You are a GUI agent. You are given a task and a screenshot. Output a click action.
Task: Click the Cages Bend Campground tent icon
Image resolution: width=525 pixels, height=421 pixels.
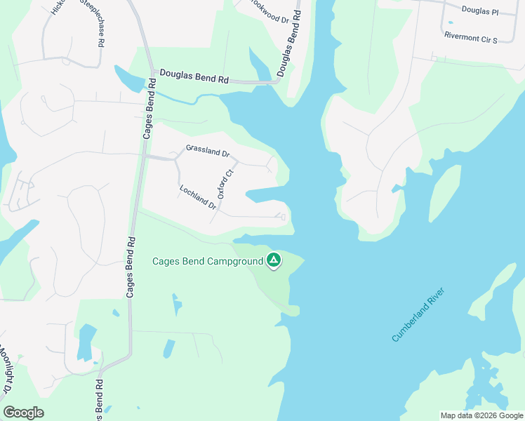click(274, 262)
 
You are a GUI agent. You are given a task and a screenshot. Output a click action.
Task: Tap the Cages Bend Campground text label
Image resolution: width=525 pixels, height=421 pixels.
click(208, 262)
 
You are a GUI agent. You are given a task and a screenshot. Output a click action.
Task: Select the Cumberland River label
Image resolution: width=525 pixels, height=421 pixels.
click(419, 315)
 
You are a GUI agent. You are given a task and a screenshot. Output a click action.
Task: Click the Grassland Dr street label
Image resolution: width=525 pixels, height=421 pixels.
click(207, 151)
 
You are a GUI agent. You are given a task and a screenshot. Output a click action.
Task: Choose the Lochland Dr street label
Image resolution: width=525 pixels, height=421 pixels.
click(198, 196)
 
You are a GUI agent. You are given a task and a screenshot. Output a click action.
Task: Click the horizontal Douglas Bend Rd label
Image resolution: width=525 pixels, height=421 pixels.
click(194, 76)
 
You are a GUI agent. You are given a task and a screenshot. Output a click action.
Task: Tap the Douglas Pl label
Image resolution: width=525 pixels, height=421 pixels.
click(480, 12)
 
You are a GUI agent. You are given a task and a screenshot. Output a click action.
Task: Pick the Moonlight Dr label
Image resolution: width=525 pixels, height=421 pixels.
click(7, 368)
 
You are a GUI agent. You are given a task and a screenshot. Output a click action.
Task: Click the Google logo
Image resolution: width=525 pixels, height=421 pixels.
click(23, 413)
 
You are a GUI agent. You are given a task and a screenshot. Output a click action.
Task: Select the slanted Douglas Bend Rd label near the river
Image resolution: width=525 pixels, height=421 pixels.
click(289, 44)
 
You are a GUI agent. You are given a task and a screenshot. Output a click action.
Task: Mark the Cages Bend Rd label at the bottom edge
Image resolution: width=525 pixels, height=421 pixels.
click(100, 400)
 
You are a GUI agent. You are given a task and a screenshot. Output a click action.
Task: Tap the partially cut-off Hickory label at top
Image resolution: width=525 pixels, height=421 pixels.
click(58, 7)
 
